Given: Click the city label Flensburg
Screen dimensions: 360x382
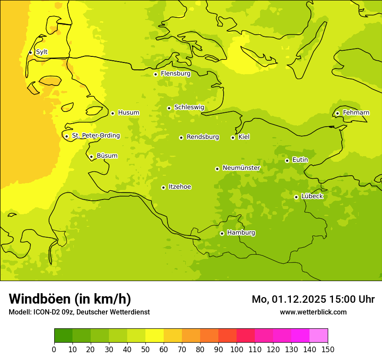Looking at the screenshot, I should [175, 74].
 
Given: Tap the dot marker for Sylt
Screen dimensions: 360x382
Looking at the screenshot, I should [30, 52].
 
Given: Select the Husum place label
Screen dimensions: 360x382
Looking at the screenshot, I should [128, 113].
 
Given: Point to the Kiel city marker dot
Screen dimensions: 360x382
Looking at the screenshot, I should [233, 137].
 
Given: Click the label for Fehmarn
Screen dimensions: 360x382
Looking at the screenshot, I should [356, 113].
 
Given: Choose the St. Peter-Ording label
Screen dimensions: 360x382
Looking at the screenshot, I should [95, 136].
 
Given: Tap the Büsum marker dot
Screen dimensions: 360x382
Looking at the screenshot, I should [91, 157].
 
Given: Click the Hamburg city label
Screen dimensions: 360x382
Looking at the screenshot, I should [241, 233].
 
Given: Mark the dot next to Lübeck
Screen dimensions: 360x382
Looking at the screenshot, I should [296, 197].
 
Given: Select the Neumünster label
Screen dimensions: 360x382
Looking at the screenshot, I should [241, 168].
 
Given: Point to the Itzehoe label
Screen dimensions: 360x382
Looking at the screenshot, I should [180, 187].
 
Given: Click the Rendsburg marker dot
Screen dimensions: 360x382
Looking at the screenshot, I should [181, 137].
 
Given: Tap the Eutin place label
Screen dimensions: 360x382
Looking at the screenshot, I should [300, 160].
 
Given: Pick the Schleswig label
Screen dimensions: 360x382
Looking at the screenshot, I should [189, 107].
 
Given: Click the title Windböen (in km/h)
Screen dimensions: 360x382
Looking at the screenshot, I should [70, 299].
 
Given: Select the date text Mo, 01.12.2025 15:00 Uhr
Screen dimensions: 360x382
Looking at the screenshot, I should [313, 299].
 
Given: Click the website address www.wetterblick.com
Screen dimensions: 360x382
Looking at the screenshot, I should [313, 312].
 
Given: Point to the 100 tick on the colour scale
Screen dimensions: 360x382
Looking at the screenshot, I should [237, 349].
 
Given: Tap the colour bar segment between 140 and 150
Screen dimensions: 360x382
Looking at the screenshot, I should [319, 336].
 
